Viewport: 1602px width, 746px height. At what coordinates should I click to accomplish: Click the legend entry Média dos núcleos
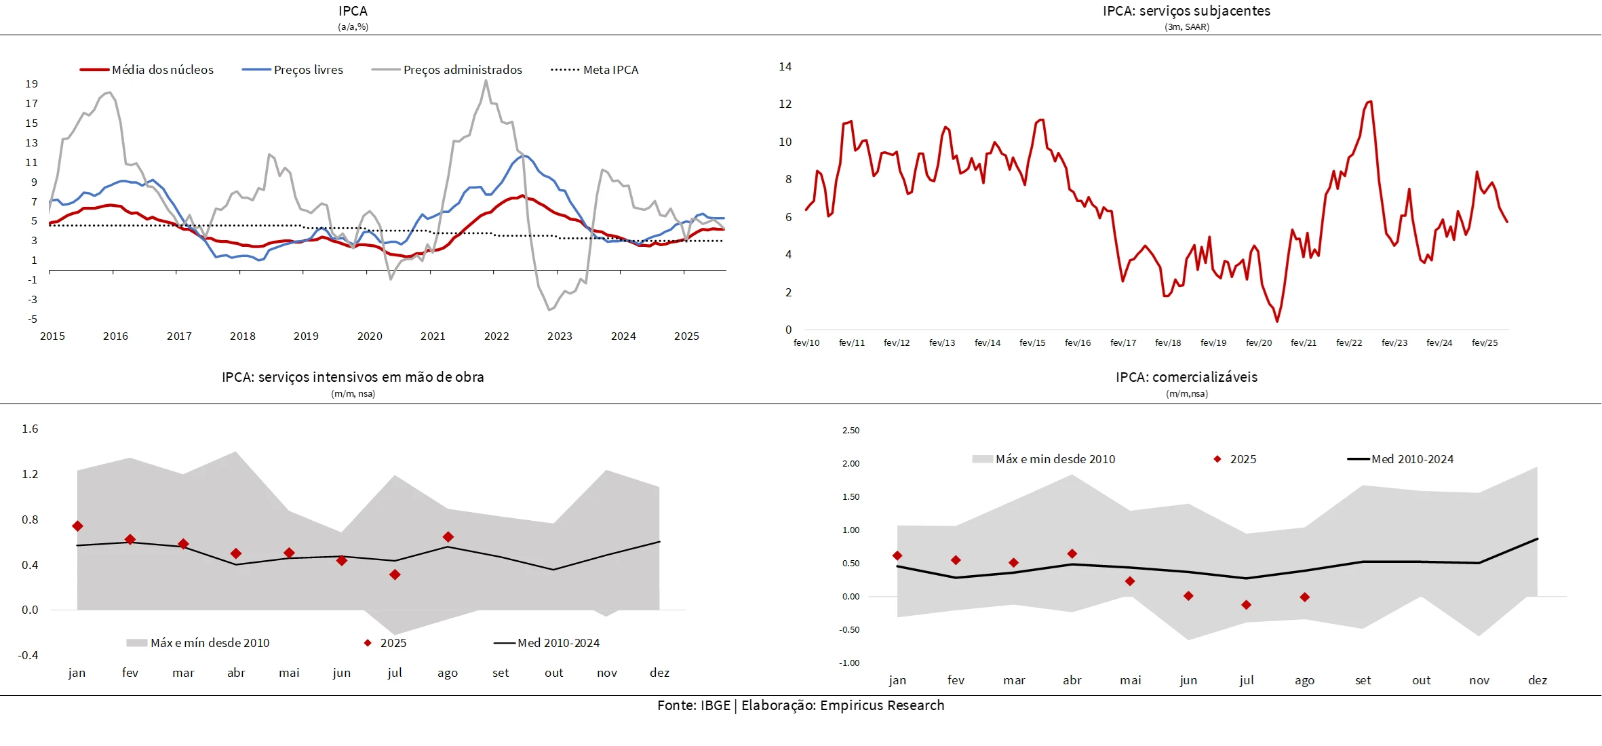(162, 70)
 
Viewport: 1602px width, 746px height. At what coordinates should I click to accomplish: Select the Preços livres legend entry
(308, 70)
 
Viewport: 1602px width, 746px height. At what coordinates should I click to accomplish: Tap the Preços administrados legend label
(463, 70)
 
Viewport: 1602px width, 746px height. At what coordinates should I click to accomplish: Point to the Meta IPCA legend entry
(610, 70)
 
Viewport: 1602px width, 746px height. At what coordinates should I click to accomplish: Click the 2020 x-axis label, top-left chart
(370, 336)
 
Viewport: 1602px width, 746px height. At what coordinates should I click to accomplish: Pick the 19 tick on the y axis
(32, 84)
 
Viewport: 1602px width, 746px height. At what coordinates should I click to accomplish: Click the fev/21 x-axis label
(1304, 343)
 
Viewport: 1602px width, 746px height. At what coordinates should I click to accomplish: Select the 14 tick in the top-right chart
(785, 66)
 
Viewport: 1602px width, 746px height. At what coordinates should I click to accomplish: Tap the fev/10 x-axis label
(806, 343)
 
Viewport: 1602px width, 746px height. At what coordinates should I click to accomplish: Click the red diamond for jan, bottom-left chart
(77, 526)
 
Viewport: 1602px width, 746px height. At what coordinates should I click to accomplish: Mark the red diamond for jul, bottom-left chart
(395, 575)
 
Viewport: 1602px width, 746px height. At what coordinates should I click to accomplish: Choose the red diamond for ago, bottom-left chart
(448, 537)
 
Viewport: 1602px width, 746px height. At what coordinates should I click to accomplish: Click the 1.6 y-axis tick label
(30, 429)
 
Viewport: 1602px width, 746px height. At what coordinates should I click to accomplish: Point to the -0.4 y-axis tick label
(28, 655)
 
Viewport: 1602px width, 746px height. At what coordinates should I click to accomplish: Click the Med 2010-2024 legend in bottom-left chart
(558, 643)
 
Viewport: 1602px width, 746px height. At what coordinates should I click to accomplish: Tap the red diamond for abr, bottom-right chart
(1072, 554)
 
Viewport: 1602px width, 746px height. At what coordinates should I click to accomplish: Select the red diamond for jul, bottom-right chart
(1246, 605)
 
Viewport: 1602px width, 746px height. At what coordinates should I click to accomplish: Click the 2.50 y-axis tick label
(851, 431)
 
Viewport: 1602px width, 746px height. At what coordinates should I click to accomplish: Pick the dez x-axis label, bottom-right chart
(1538, 680)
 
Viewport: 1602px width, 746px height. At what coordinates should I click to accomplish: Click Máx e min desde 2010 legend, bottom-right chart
(1055, 459)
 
